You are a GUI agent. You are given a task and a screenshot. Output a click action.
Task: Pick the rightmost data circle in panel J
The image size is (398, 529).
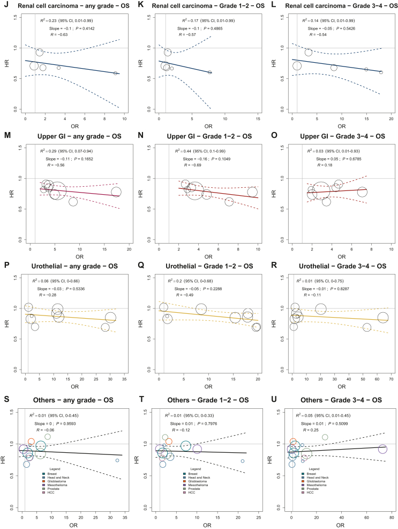tap(115, 73)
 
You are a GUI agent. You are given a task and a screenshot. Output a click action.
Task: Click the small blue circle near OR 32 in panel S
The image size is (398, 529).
tap(117, 460)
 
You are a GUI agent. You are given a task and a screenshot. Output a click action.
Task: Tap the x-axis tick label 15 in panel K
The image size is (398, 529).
tap(258, 119)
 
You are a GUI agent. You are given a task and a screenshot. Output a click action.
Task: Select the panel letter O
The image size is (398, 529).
tap(271, 136)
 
